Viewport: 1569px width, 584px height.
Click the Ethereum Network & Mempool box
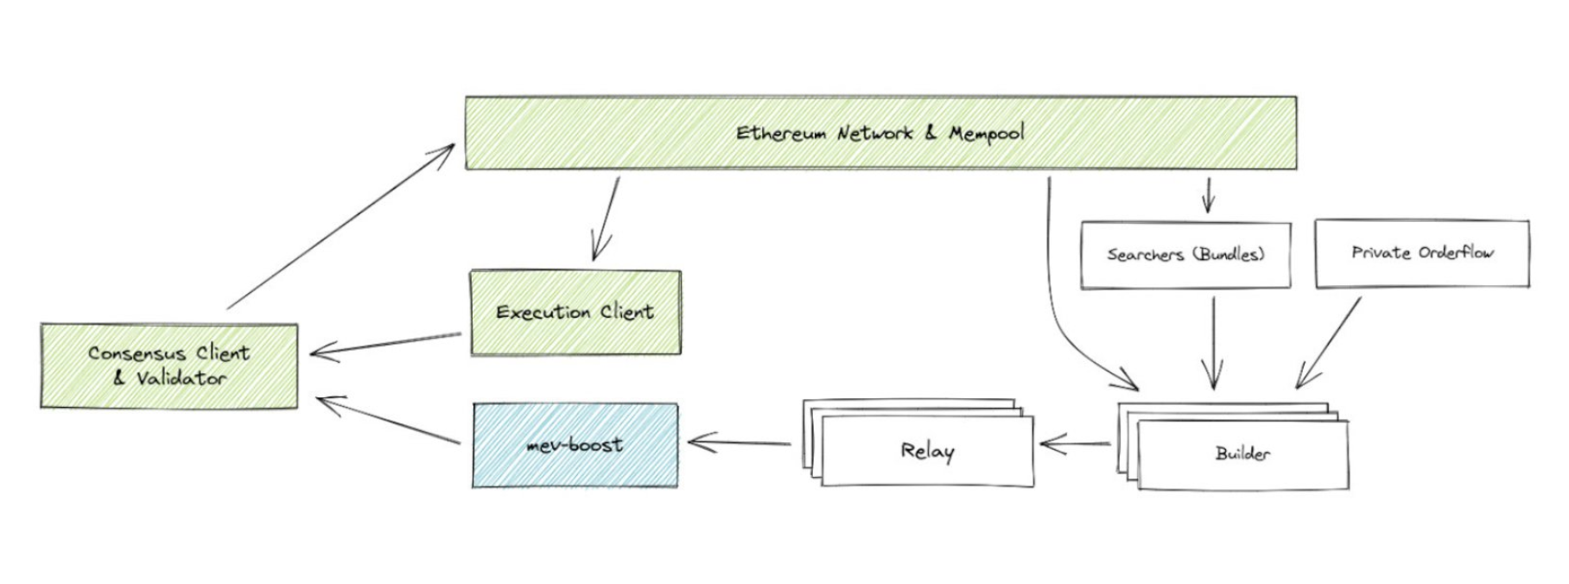click(880, 133)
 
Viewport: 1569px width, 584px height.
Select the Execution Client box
click(575, 312)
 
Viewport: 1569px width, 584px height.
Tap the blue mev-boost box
click(575, 445)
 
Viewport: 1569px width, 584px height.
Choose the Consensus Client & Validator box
click(169, 365)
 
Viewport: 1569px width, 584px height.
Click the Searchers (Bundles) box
click(1185, 254)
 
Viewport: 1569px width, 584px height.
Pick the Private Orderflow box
click(1422, 253)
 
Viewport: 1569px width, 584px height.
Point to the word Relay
click(927, 451)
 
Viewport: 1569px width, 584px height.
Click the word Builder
click(1242, 454)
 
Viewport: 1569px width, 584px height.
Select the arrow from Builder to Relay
click(1077, 445)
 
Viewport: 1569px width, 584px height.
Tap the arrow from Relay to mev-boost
click(740, 444)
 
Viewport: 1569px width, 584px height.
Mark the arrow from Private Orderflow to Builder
click(1329, 342)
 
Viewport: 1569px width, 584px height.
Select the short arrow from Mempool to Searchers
click(1208, 194)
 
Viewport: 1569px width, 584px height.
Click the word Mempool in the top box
click(986, 133)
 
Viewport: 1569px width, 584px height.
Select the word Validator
click(181, 378)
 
